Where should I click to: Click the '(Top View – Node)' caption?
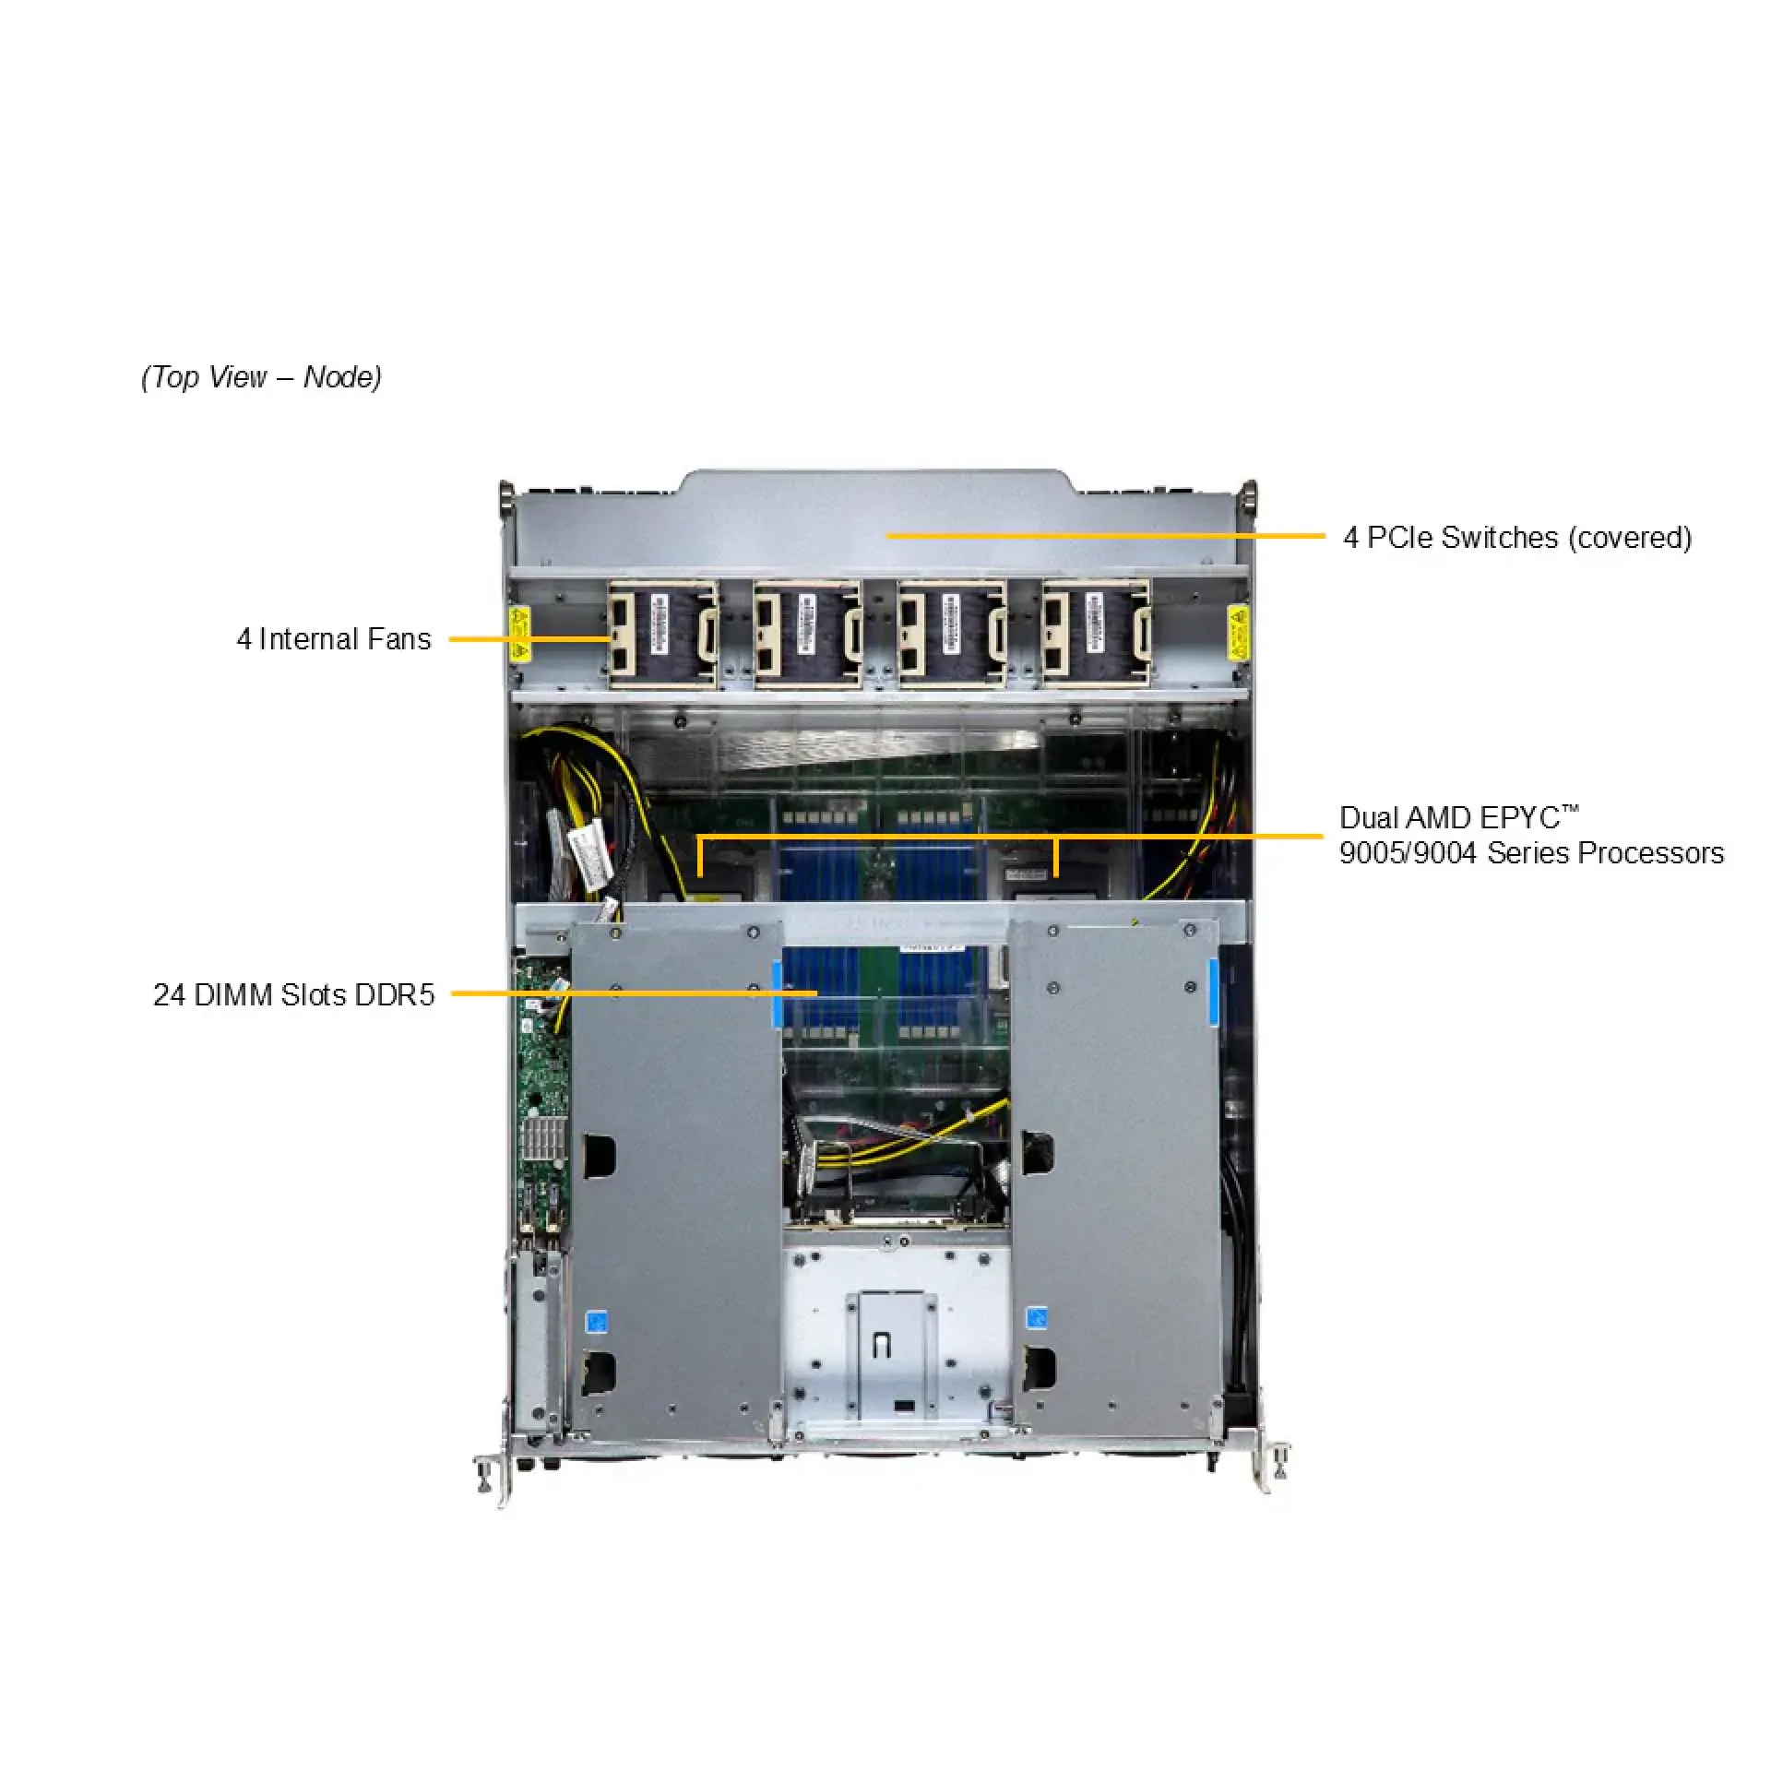(261, 377)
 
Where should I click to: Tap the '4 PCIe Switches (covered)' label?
(1517, 537)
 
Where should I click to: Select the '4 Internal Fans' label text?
(334, 639)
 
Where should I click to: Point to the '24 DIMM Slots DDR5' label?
(293, 994)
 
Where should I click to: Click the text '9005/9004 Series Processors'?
(1531, 853)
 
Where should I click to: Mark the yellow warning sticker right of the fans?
(1236, 634)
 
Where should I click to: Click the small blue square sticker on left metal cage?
(597, 1321)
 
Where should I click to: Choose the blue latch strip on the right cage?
(1213, 992)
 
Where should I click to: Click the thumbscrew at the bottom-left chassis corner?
(483, 1474)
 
